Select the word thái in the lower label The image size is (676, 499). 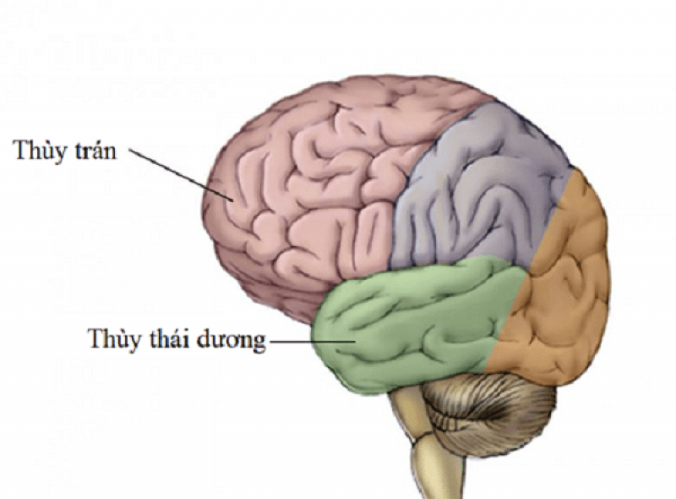coord(169,338)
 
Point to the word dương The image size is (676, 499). coord(230,341)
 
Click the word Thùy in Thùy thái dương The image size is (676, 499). coord(113,339)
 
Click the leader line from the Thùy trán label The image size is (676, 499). coord(182,175)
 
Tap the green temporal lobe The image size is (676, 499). coord(414,324)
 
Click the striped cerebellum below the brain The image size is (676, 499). coord(488,414)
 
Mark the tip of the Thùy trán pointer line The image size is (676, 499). coord(233,201)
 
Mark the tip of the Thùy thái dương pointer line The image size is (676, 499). coord(355,342)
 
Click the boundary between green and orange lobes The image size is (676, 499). coord(505,321)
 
